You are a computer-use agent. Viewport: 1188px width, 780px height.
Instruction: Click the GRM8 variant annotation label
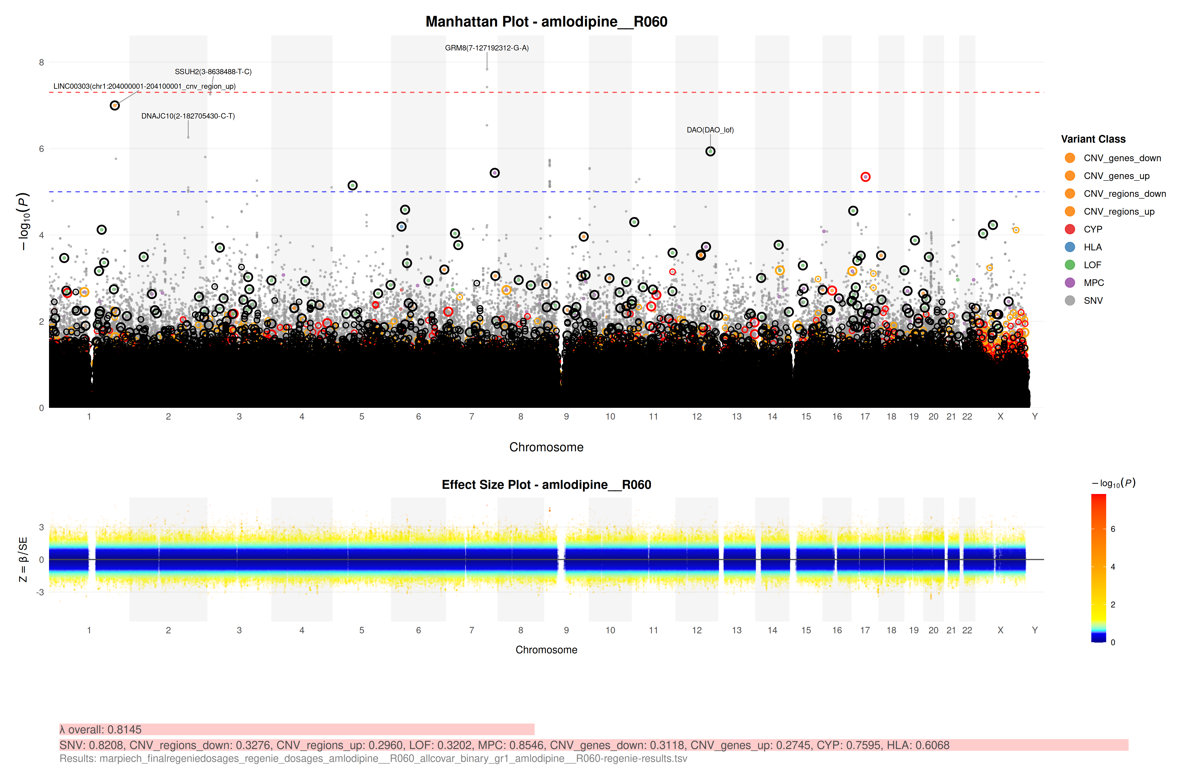[x=487, y=48]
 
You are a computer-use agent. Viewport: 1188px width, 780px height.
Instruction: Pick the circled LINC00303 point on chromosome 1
[x=115, y=105]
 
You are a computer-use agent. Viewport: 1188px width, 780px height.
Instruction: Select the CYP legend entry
[x=1093, y=229]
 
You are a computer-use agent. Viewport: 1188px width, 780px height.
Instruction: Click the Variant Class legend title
[x=1093, y=139]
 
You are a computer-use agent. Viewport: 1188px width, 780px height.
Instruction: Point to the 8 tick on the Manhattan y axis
[x=41, y=62]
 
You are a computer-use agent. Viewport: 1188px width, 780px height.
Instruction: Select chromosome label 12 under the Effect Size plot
[x=697, y=630]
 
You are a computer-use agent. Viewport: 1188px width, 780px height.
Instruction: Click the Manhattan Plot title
[x=546, y=22]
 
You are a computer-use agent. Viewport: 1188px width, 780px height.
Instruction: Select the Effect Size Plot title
[x=546, y=485]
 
